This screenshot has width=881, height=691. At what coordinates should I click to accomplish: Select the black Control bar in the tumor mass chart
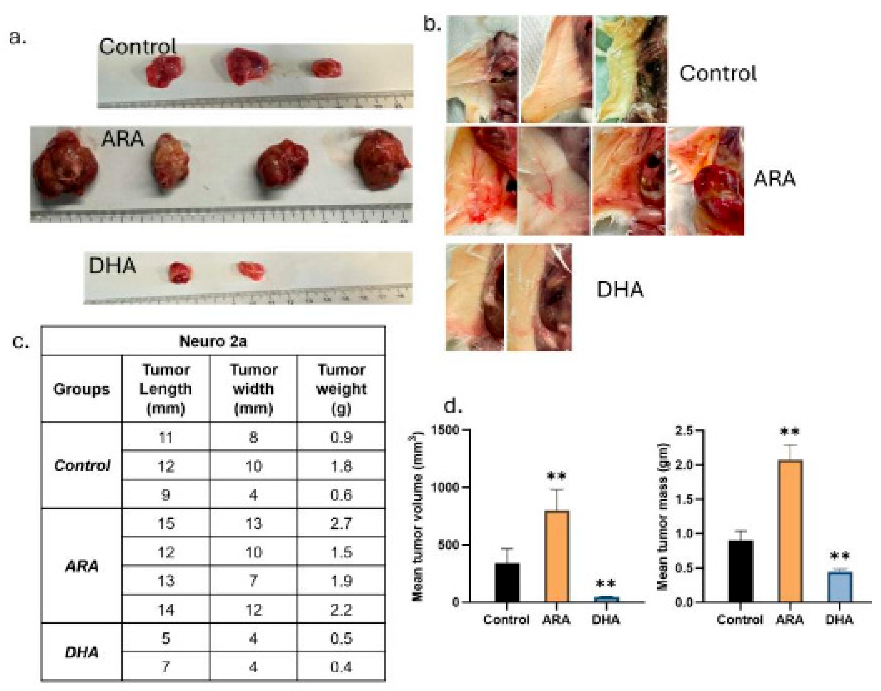pos(740,571)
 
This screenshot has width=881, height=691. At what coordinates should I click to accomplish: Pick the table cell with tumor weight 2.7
pos(341,524)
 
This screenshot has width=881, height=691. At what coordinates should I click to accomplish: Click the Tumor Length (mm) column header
pos(165,389)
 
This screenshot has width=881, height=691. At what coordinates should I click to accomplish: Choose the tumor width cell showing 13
pos(253,524)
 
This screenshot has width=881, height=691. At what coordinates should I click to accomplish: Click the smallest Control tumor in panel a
pos(327,68)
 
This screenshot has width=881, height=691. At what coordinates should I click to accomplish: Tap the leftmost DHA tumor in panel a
pos(180,272)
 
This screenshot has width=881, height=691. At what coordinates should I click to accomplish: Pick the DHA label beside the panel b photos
pos(619,290)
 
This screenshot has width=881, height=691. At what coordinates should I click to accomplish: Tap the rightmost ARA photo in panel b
pos(705,181)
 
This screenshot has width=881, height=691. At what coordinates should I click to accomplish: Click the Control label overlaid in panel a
pos(138,47)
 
